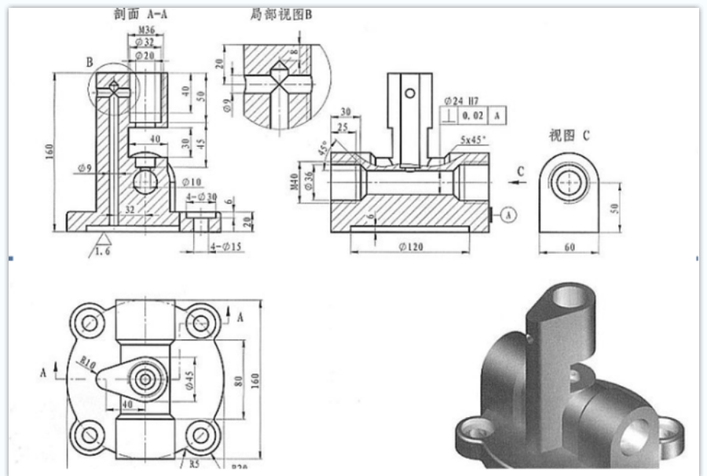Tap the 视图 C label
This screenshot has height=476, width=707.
coord(569,135)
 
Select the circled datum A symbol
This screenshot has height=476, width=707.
coord(507,213)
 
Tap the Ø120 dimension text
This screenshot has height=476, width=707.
coord(412,247)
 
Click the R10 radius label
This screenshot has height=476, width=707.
coord(87,363)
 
